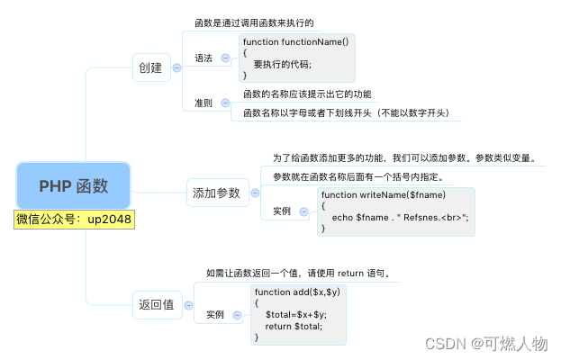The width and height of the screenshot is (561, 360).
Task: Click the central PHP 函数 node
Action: [x=73, y=186]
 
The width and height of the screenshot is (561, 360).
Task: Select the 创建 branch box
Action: [x=149, y=67]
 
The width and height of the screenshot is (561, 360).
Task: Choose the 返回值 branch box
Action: [x=155, y=304]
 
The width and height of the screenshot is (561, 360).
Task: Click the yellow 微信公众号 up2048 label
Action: [x=74, y=220]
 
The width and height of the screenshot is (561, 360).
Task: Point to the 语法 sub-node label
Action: [x=204, y=58]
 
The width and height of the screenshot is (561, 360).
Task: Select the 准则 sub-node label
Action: [x=204, y=103]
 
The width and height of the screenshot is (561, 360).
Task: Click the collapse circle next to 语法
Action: [x=225, y=58]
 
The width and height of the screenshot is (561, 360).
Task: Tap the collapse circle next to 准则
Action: [x=225, y=103]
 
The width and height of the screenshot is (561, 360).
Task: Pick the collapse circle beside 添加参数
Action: [x=255, y=192]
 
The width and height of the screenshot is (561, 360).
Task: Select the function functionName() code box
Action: [x=297, y=58]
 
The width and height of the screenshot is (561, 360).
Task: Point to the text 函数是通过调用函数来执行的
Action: [x=254, y=22]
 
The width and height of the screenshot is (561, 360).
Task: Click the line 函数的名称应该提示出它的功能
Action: [x=307, y=94]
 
